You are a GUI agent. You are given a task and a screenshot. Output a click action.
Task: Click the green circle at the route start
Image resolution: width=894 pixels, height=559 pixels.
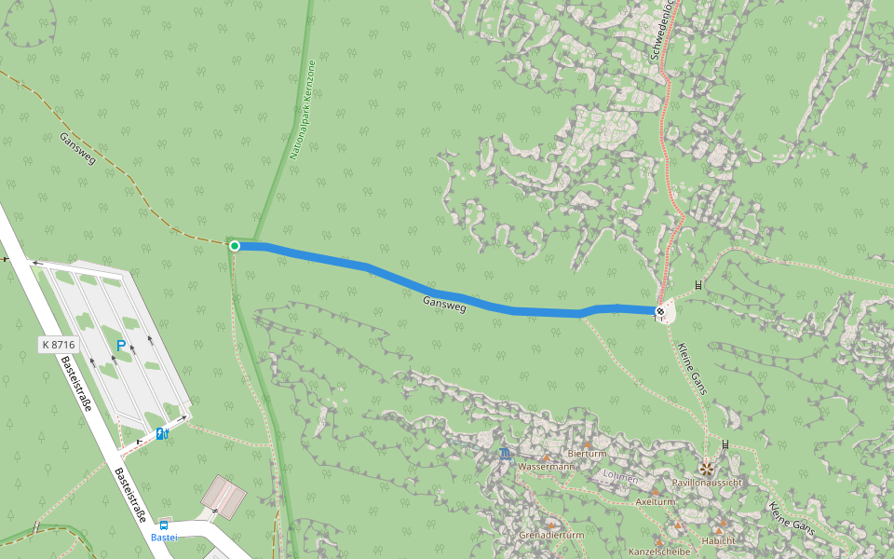[x=235, y=246]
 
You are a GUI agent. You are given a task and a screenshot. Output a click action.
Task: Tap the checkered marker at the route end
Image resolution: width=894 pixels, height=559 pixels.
[x=659, y=311]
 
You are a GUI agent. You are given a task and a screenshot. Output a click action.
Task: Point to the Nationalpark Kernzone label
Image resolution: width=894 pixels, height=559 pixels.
[x=303, y=111]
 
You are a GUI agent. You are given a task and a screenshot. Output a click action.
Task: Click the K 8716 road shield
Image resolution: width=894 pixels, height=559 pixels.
[x=58, y=345]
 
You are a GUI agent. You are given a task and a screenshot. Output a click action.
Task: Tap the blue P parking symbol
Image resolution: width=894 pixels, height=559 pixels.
[x=120, y=346]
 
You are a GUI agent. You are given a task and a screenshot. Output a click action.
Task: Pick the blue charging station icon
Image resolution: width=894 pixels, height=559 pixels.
[x=162, y=433]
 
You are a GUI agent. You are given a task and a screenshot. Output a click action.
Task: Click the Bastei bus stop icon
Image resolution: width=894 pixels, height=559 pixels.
[x=165, y=525]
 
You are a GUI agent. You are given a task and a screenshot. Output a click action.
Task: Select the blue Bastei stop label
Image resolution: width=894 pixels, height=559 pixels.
[x=164, y=538]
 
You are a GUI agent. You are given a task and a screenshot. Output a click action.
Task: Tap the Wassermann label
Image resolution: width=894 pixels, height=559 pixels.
[x=548, y=466]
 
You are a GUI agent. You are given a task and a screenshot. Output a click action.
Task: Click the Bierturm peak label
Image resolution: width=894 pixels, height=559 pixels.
[x=587, y=454]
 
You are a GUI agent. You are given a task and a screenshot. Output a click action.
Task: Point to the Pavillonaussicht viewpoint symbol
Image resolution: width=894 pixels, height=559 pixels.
[x=707, y=468]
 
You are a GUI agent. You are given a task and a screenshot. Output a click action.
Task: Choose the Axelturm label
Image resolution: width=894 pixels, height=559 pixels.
[x=655, y=501]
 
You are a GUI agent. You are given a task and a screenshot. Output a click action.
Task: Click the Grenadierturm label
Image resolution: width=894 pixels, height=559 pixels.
[x=551, y=536]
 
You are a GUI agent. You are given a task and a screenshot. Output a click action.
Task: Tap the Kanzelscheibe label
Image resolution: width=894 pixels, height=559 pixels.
[x=659, y=552]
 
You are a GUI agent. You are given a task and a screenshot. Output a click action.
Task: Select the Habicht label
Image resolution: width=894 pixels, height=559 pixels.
[x=719, y=540]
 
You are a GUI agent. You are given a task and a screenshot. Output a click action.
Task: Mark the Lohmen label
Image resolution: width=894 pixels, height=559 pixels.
[x=620, y=478]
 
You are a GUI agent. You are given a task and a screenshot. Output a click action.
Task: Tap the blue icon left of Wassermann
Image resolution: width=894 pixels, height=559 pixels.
[x=505, y=454]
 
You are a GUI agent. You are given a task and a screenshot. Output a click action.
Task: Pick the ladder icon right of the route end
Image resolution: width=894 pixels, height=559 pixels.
[x=698, y=286]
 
